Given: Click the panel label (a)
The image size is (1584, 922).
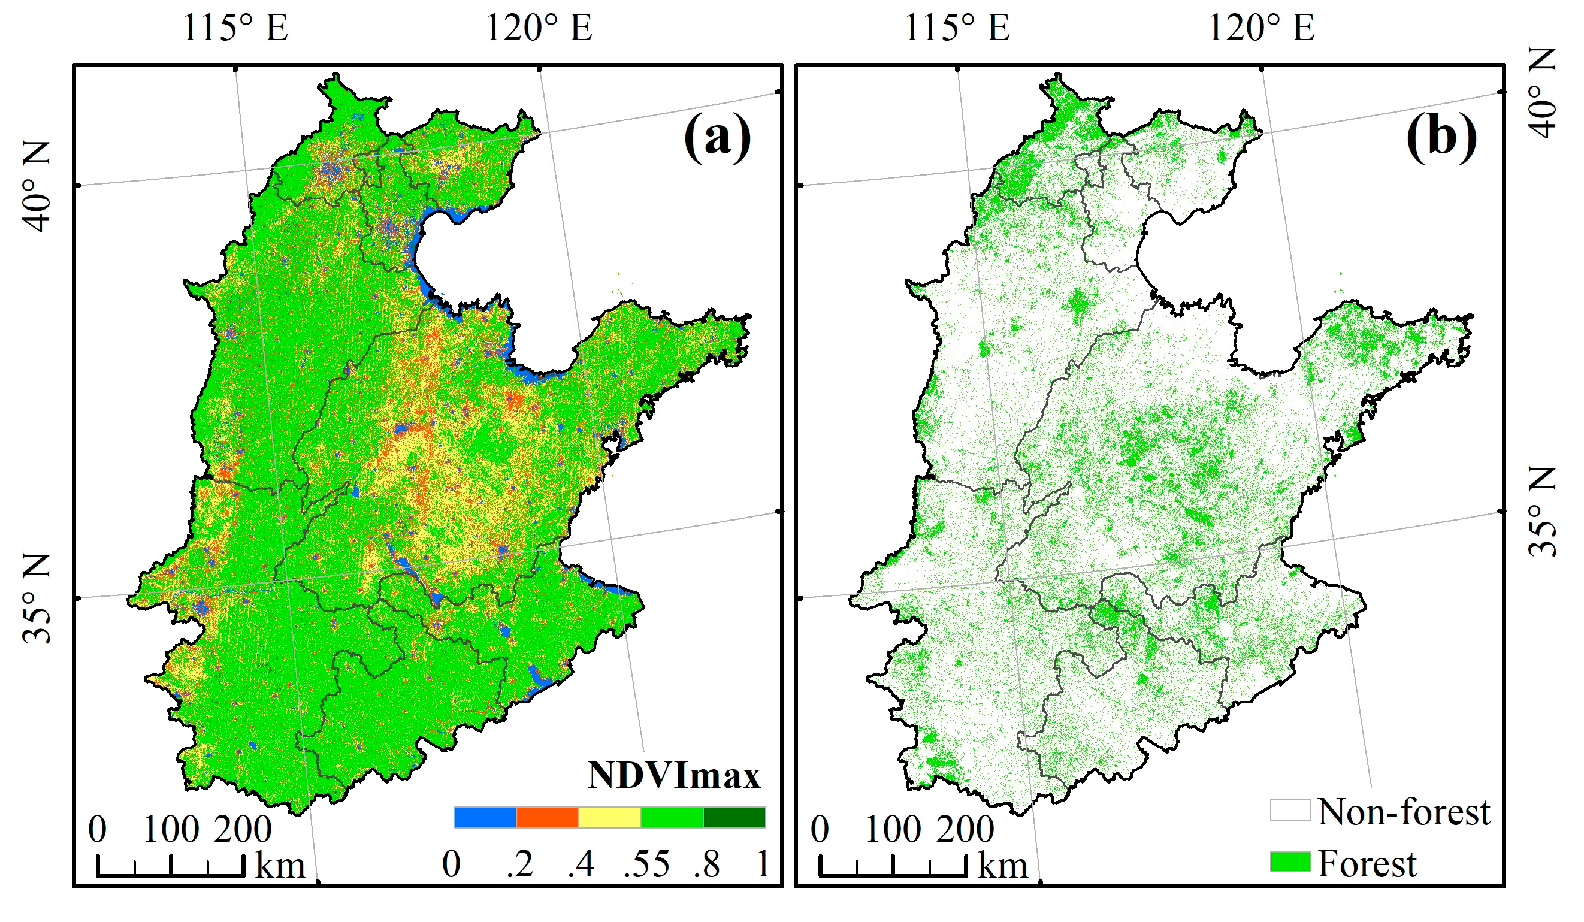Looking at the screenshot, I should click(717, 138).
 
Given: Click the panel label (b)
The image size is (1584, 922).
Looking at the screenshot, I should click(1441, 138).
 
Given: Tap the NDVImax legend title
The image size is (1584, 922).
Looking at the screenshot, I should click(674, 776).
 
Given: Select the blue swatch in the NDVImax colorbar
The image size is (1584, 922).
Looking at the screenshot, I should click(485, 818).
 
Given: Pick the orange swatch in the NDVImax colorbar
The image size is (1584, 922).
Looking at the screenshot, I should click(547, 818).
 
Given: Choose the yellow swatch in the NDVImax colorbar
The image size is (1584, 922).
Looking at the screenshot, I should click(609, 818).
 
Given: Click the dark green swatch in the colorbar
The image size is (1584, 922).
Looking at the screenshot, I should click(734, 818).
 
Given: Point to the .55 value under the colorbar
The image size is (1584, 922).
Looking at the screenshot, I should click(646, 864).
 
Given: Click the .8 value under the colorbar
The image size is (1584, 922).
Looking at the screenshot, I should click(707, 864).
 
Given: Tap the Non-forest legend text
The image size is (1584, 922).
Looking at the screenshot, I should click(1403, 812).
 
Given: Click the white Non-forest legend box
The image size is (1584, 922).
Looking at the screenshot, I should click(1290, 811).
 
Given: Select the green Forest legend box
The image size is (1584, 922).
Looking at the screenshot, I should click(1290, 862).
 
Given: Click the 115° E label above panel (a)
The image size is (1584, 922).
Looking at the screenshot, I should click(235, 28).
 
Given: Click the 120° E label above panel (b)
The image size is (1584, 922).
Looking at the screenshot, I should click(1261, 28).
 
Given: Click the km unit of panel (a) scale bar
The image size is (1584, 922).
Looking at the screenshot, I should click(280, 866).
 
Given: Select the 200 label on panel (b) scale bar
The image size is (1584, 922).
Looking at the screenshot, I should click(965, 829).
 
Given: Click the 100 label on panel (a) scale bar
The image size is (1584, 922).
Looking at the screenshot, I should click(171, 829).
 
